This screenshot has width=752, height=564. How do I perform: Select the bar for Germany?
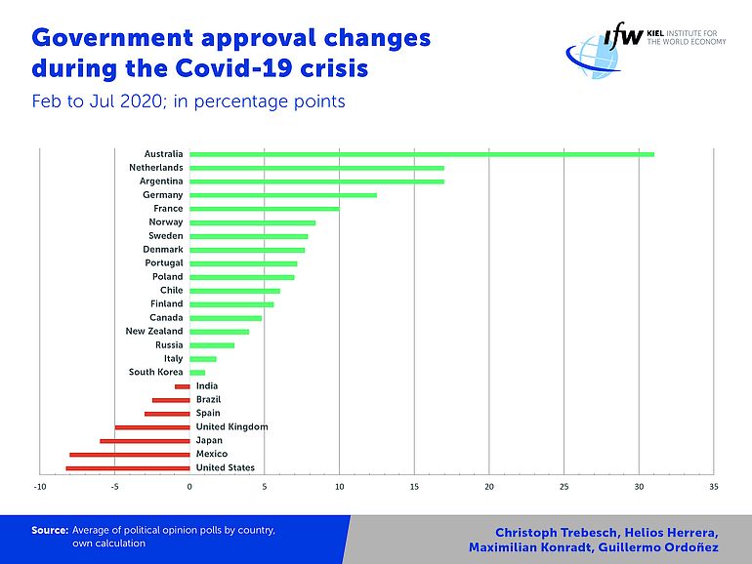283,195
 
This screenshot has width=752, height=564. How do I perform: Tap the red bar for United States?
128,468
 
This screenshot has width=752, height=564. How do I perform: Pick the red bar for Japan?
145,441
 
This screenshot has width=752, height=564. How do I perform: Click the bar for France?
264,209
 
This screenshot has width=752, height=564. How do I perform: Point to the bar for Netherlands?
316,168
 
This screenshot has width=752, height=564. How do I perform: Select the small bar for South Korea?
197,373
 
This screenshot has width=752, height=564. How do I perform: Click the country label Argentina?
158,181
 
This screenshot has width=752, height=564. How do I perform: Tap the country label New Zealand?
154,332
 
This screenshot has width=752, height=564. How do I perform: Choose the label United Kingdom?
232,427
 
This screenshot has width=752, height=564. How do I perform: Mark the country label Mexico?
212,455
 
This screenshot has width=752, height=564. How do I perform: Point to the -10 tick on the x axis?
40,486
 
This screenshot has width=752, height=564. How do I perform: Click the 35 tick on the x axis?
714,486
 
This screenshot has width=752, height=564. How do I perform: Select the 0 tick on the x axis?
189,486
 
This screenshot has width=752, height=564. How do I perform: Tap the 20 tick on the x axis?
489,486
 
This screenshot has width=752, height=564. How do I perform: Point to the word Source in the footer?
48,530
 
